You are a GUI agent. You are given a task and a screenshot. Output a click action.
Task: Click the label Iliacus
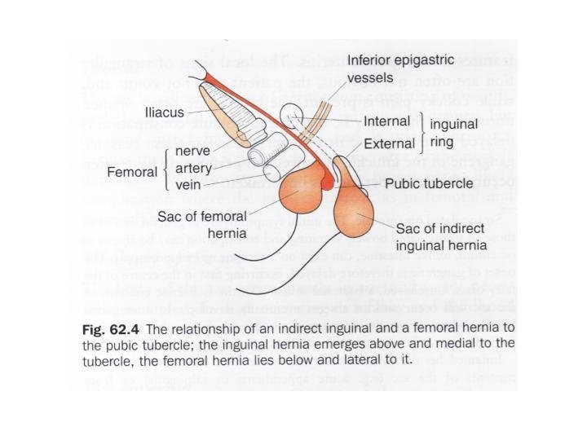coord(168,112)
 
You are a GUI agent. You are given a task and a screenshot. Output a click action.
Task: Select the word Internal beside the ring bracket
coord(388,121)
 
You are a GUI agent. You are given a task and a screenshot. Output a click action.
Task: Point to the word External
coord(389,145)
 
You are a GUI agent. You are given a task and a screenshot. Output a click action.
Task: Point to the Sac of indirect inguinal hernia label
coord(441,236)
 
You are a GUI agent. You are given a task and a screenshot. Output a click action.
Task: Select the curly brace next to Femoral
coord(167,169)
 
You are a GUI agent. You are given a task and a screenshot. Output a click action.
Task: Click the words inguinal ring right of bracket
coord(453,133)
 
